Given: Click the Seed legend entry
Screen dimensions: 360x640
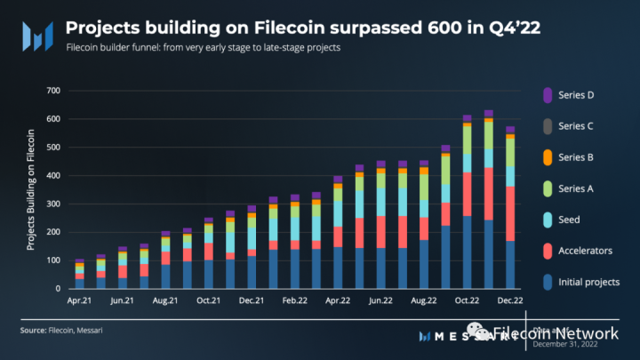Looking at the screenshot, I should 570,220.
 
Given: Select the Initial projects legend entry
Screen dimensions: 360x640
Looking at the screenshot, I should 588,282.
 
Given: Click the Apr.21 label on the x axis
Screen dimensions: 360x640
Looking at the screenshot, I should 78,302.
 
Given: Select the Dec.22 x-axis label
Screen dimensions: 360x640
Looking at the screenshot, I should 510,302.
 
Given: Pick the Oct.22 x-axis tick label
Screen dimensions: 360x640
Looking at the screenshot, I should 467,302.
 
